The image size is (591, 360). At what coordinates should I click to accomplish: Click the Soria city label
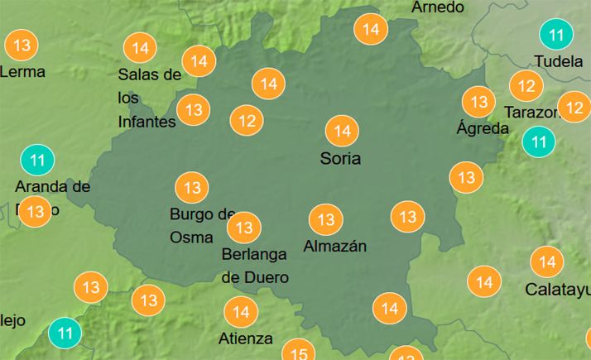pos(340,158)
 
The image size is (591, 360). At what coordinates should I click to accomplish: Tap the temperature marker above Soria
pos(342,131)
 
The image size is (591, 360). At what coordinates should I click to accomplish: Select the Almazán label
pos(335,246)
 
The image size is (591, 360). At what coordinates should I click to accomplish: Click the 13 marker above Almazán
pos(326,219)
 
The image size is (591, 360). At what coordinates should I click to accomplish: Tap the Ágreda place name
pos(483,128)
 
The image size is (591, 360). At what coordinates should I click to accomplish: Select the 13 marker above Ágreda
pos(478,102)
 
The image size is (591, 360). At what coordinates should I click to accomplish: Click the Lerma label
pos(22,71)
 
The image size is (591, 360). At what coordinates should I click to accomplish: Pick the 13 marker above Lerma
pos(22,44)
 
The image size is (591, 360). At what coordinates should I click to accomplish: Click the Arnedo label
pos(438,7)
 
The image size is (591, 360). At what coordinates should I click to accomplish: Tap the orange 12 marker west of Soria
pos(247,121)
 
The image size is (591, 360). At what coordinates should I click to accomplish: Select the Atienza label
pos(246,338)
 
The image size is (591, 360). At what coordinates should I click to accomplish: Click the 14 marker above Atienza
pos(242,312)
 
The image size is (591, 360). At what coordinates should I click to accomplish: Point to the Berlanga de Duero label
pos(255,266)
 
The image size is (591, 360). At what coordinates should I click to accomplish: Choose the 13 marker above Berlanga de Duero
pos(244,226)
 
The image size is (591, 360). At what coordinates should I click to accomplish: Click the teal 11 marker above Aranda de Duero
pos(36,159)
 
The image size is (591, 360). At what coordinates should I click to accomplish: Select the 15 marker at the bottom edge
pos(299,353)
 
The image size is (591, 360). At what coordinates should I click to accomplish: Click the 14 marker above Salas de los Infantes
pos(141,48)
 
